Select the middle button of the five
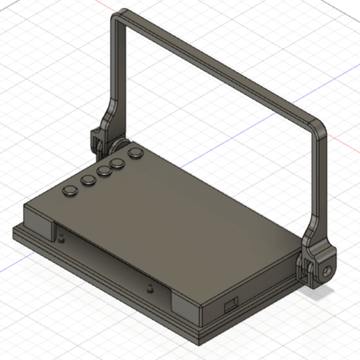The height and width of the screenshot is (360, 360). (104, 171)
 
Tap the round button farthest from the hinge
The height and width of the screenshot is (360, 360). (71, 190)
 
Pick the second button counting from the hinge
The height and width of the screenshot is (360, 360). (118, 163)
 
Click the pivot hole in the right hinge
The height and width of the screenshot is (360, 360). (327, 268)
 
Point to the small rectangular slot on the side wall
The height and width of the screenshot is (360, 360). (229, 304)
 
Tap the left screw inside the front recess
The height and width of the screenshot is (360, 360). (63, 237)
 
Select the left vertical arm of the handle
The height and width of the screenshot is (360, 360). (114, 70)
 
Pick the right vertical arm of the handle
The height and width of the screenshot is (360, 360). (317, 188)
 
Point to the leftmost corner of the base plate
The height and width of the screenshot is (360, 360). (13, 231)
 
